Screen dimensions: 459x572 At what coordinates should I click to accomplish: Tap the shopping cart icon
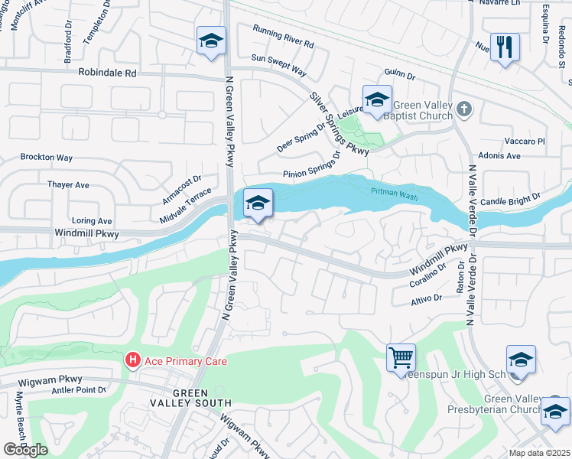(x=401, y=356)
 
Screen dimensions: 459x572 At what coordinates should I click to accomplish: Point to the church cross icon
(x=464, y=109)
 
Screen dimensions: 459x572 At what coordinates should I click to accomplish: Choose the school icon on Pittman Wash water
(x=258, y=203)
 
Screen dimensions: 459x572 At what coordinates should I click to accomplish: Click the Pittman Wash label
(x=395, y=195)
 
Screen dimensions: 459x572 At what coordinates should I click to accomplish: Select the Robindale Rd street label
(x=107, y=73)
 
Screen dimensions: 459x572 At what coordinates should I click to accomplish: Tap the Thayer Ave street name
(x=68, y=184)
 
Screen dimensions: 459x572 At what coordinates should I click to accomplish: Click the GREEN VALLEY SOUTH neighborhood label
(x=202, y=398)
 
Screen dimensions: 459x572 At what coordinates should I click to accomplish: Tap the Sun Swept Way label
(x=278, y=64)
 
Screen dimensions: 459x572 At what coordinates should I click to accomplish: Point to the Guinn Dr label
(x=400, y=76)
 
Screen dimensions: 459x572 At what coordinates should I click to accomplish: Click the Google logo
(x=24, y=450)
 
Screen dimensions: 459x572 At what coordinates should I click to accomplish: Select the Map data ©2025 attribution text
(x=540, y=453)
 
